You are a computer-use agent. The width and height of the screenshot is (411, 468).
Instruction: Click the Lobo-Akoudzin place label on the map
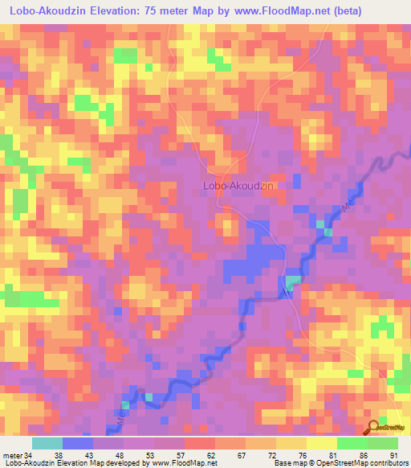point(239,185)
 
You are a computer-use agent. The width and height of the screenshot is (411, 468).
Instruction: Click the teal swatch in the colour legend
point(47,444)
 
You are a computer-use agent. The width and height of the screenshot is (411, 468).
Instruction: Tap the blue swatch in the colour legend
point(78,444)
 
